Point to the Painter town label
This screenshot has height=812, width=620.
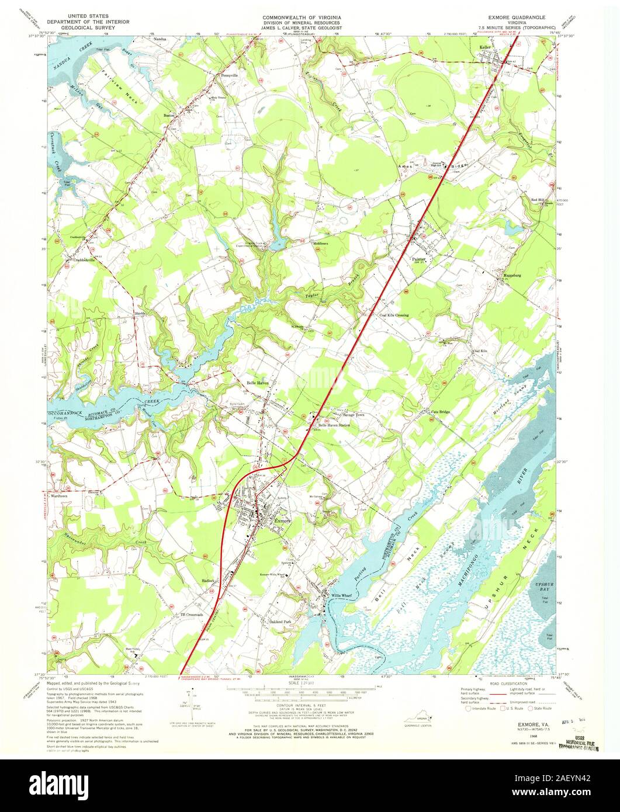(x=420, y=257)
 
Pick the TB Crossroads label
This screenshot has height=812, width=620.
(x=191, y=615)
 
